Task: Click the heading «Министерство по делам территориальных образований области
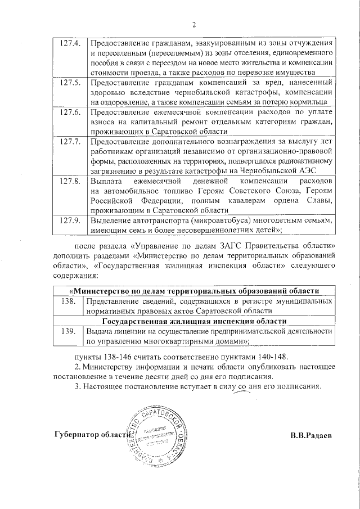[x=194, y=291]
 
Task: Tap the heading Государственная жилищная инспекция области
[x=194, y=321]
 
